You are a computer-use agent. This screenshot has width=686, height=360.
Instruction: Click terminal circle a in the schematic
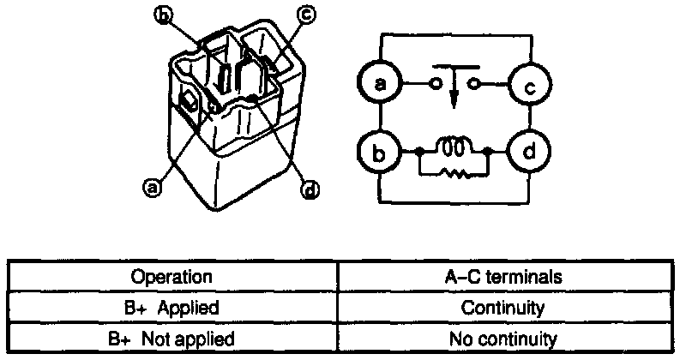378,84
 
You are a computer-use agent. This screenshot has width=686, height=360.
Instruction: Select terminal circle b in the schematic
378,154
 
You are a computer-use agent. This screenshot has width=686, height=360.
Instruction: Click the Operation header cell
171,277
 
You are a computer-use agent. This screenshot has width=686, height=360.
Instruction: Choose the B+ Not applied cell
171,338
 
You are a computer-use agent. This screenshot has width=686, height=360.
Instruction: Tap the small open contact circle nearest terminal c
472,84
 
